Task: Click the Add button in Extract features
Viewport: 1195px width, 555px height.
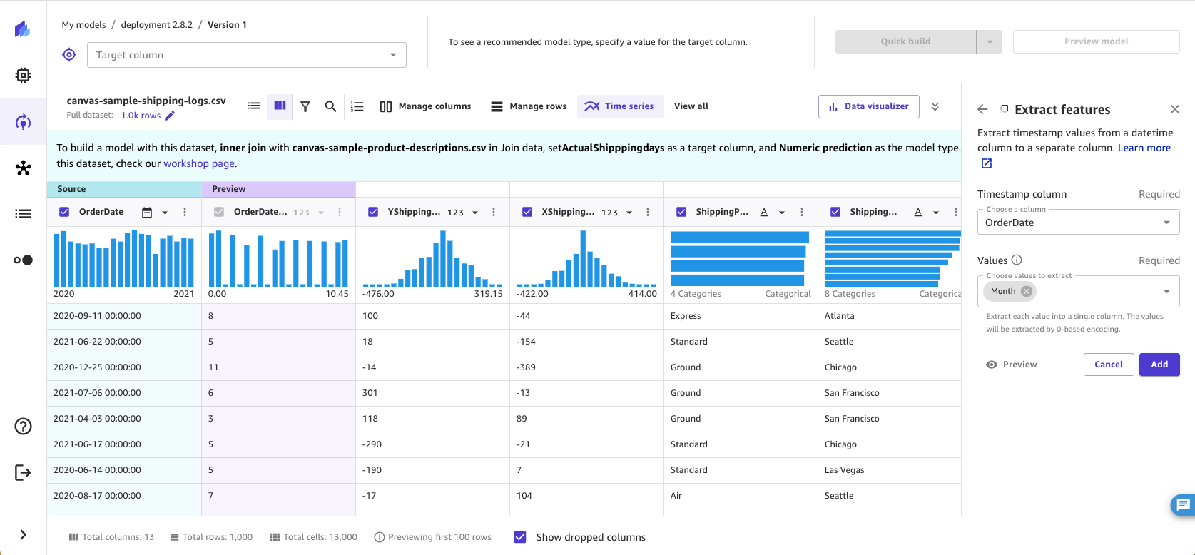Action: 1159,365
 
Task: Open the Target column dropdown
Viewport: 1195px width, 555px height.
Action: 246,55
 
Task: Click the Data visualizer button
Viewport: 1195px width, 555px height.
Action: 868,106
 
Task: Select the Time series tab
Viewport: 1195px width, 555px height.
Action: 620,106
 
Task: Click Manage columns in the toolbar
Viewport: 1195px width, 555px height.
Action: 425,106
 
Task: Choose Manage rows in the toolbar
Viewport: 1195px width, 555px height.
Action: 529,106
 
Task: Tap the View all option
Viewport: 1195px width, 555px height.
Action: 691,106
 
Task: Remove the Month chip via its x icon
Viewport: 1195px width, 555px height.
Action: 1026,291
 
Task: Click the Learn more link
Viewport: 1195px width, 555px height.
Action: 1144,148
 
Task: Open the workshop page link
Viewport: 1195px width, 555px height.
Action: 199,163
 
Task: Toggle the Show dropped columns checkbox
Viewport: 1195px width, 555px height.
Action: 520,537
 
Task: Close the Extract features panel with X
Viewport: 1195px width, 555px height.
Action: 1174,109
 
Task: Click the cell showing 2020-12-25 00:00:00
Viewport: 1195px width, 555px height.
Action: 98,367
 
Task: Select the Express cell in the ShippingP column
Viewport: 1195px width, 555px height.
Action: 686,316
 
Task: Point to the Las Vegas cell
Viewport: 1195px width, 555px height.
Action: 844,470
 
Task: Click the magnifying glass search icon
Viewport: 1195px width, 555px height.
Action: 330,106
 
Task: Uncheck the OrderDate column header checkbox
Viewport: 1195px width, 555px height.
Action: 64,212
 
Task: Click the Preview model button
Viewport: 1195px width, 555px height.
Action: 1096,41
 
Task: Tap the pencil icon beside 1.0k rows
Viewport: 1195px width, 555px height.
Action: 170,116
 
